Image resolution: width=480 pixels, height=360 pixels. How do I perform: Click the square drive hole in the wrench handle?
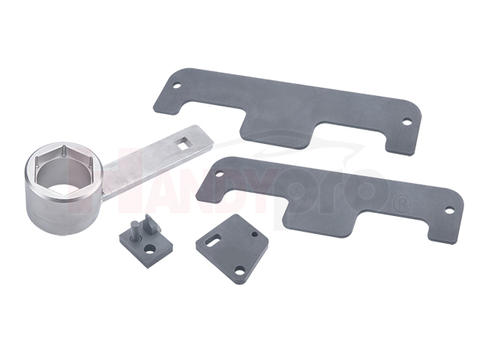pos(184,143)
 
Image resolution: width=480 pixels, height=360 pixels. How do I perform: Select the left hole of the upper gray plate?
pos(176,85)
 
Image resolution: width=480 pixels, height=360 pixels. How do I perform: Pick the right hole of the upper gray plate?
pos(406,121)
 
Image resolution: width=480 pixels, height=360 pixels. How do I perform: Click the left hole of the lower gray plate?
pos(220,174)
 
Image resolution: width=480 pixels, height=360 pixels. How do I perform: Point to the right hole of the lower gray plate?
pos(449,210)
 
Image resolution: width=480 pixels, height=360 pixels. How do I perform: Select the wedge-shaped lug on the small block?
pos(151,224)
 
